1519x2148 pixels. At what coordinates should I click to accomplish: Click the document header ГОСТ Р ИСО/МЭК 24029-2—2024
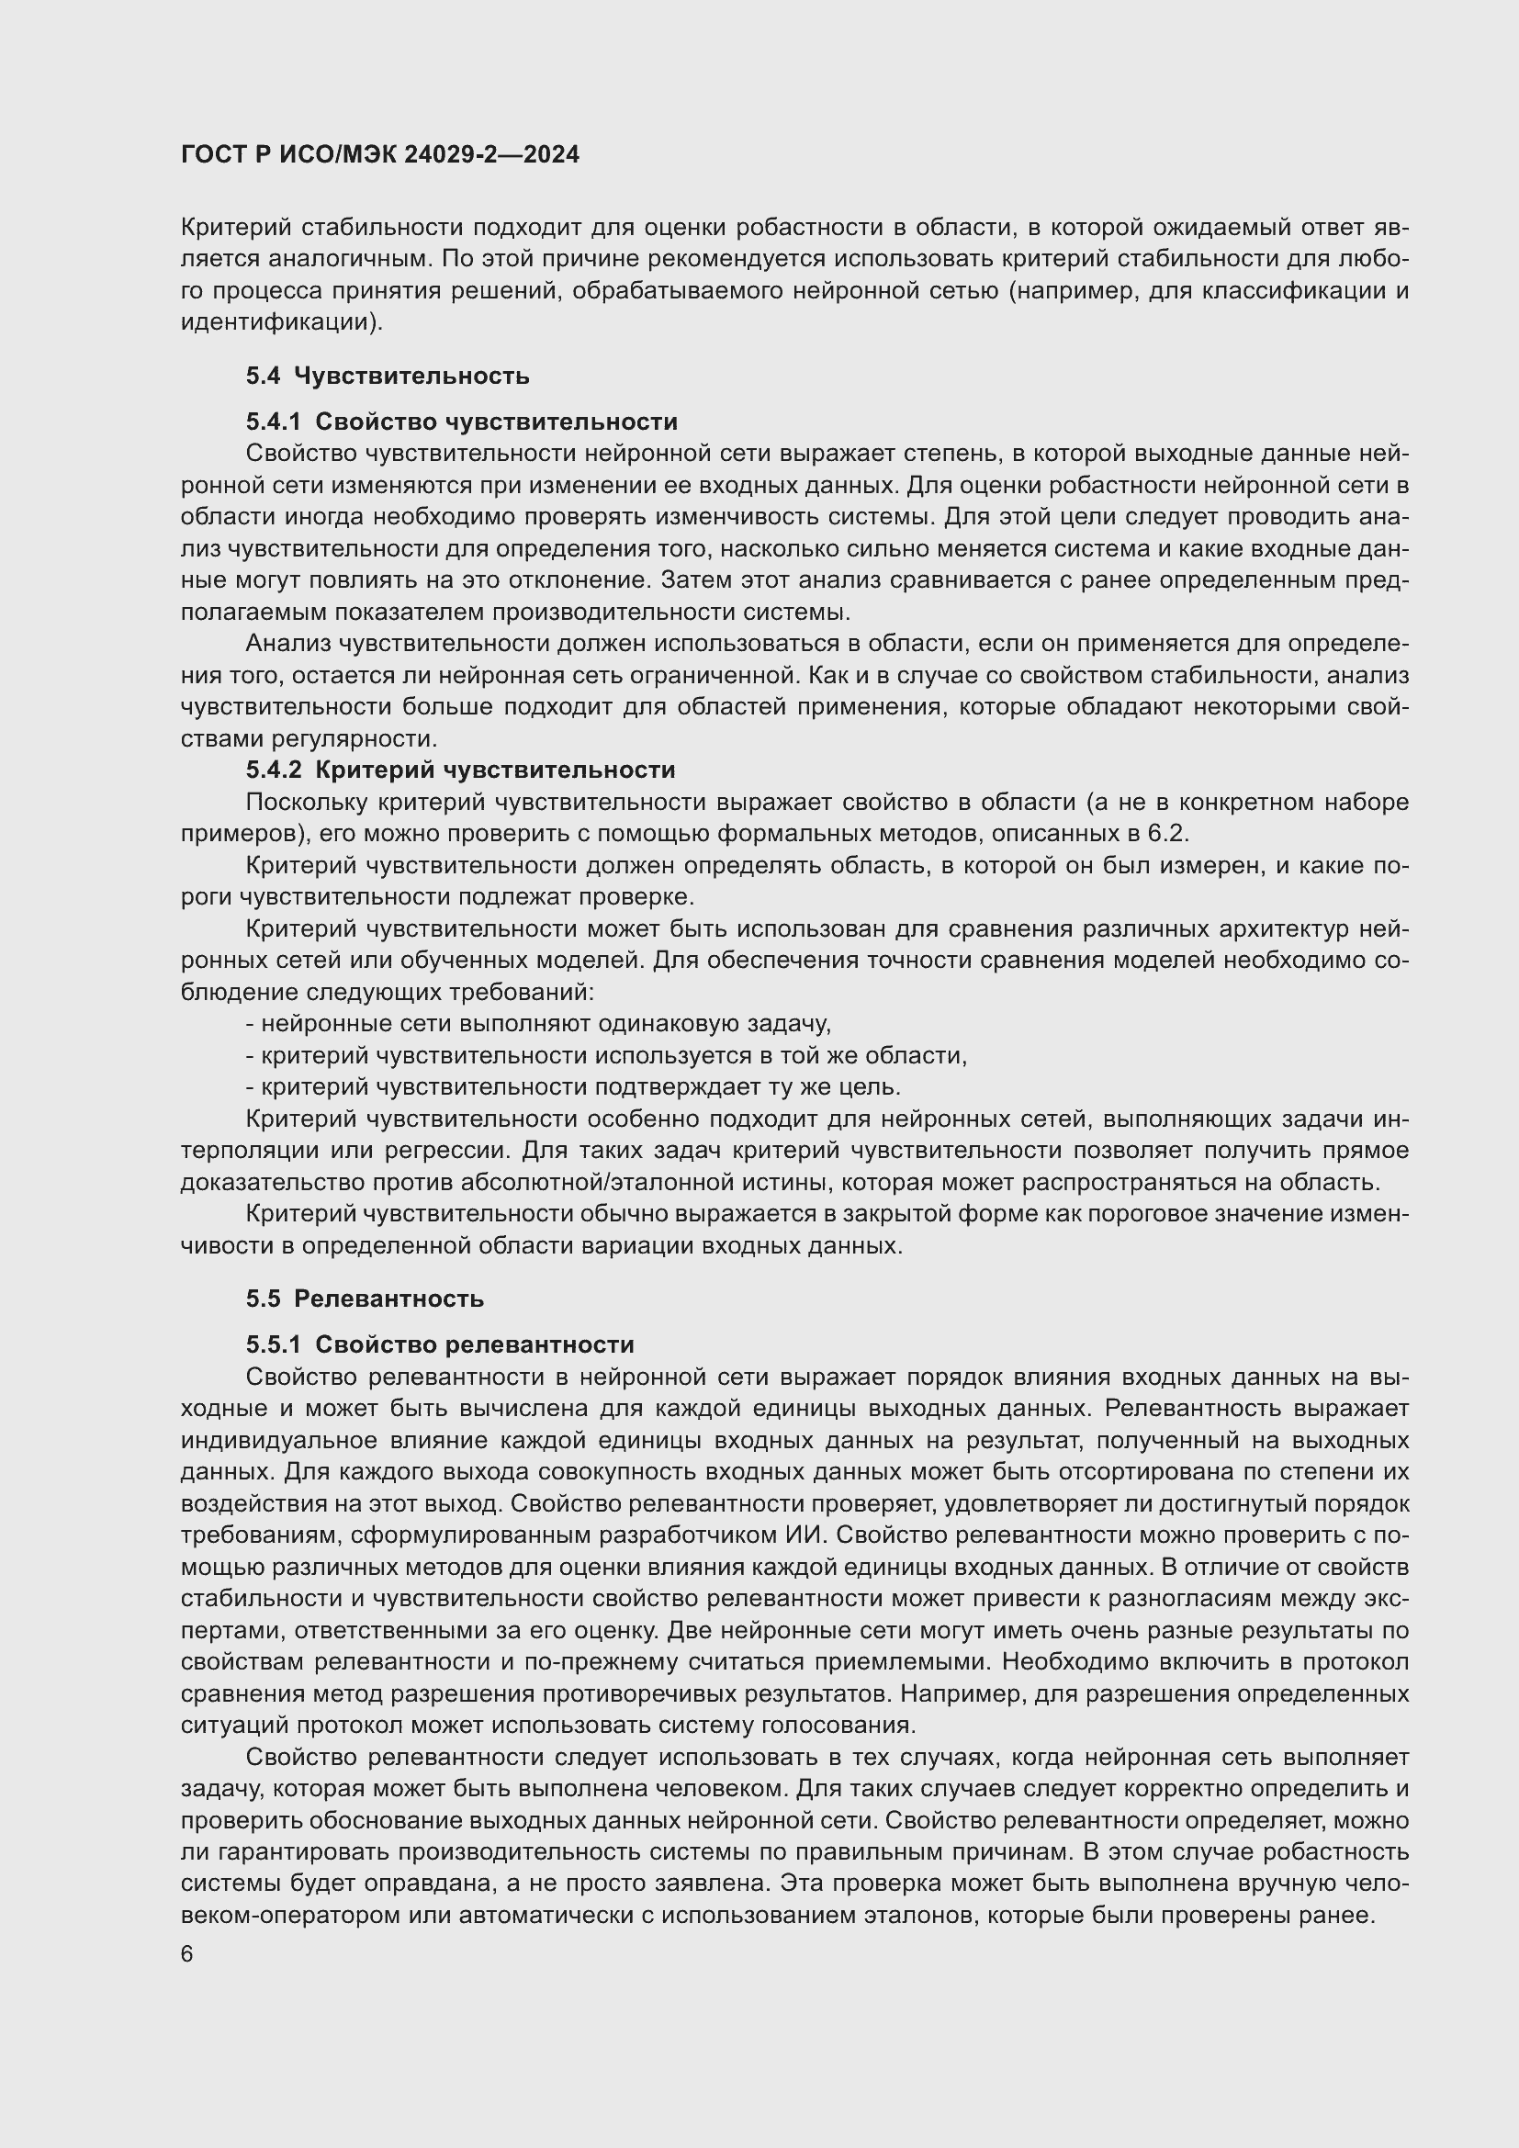pos(380,154)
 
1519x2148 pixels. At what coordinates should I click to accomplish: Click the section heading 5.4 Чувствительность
pos(388,377)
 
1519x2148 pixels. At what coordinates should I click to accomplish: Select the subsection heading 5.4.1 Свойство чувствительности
pos(461,422)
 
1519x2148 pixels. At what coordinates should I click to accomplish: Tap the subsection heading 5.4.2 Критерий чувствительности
pos(460,770)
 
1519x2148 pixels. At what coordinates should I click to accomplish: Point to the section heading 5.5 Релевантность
pos(365,1299)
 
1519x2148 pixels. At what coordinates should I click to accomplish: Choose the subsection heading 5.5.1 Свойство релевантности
pos(440,1344)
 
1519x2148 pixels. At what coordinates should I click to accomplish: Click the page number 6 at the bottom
pos(187,1954)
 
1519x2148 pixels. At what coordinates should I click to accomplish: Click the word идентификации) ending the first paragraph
pos(282,322)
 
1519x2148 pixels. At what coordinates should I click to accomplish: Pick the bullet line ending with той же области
pos(605,1055)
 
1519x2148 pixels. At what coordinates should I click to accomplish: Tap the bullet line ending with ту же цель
pos(572,1087)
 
